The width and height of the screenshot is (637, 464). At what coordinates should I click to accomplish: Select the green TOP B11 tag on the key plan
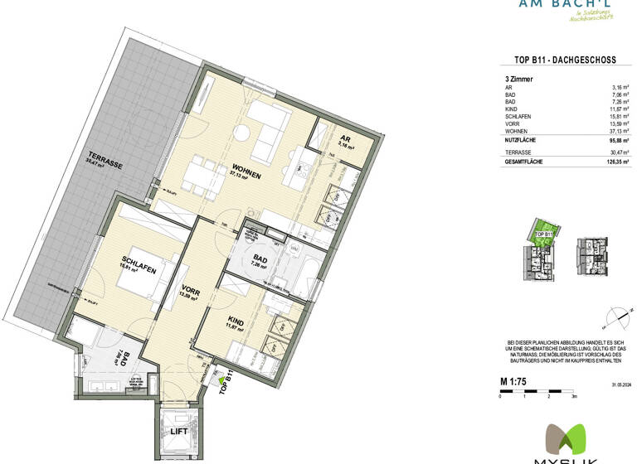coord(543,234)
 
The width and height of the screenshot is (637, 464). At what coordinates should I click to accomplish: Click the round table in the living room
coord(242,133)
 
